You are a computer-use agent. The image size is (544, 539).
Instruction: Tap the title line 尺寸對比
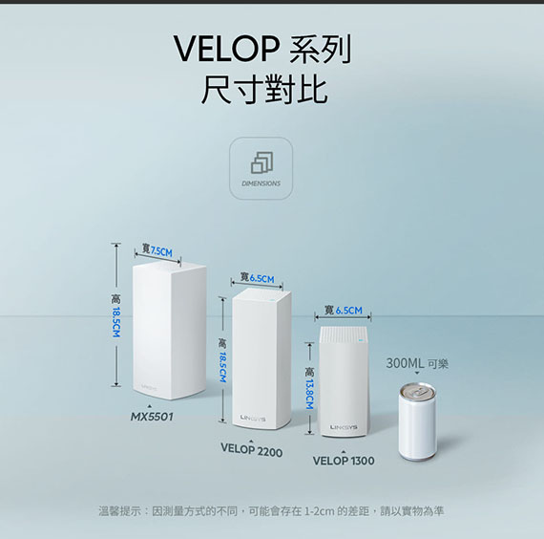pyautogui.click(x=264, y=90)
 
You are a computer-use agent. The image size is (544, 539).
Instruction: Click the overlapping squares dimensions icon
pyautogui.click(x=262, y=162)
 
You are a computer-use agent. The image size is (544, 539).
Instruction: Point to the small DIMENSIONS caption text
pyautogui.click(x=261, y=183)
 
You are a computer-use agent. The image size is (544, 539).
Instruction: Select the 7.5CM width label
pyautogui.click(x=161, y=251)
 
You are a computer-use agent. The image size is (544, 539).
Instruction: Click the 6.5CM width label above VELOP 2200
pyautogui.click(x=262, y=279)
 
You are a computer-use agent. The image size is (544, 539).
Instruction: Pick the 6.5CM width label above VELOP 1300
pyautogui.click(x=349, y=311)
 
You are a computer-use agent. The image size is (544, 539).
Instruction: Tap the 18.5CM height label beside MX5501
pyautogui.click(x=116, y=322)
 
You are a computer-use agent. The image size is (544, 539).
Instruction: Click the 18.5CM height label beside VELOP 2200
pyautogui.click(x=222, y=367)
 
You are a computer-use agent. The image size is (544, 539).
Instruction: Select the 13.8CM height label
pyautogui.click(x=309, y=395)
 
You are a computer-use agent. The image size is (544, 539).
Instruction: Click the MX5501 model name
pyautogui.click(x=152, y=417)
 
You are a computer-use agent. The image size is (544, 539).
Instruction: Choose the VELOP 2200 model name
pyautogui.click(x=252, y=450)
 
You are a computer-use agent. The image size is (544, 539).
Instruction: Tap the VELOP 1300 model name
pyautogui.click(x=344, y=461)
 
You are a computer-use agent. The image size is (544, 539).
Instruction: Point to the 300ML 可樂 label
pyautogui.click(x=417, y=363)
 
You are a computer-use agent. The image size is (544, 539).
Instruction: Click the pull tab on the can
pyautogui.click(x=417, y=391)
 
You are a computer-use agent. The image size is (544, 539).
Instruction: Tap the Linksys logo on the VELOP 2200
pyautogui.click(x=253, y=418)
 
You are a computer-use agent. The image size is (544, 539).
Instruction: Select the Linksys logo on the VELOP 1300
pyautogui.click(x=344, y=427)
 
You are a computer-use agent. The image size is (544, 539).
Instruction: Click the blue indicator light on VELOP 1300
pyautogui.click(x=361, y=340)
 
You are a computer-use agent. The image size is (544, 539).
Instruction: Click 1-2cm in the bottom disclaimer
pyautogui.click(x=320, y=511)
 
